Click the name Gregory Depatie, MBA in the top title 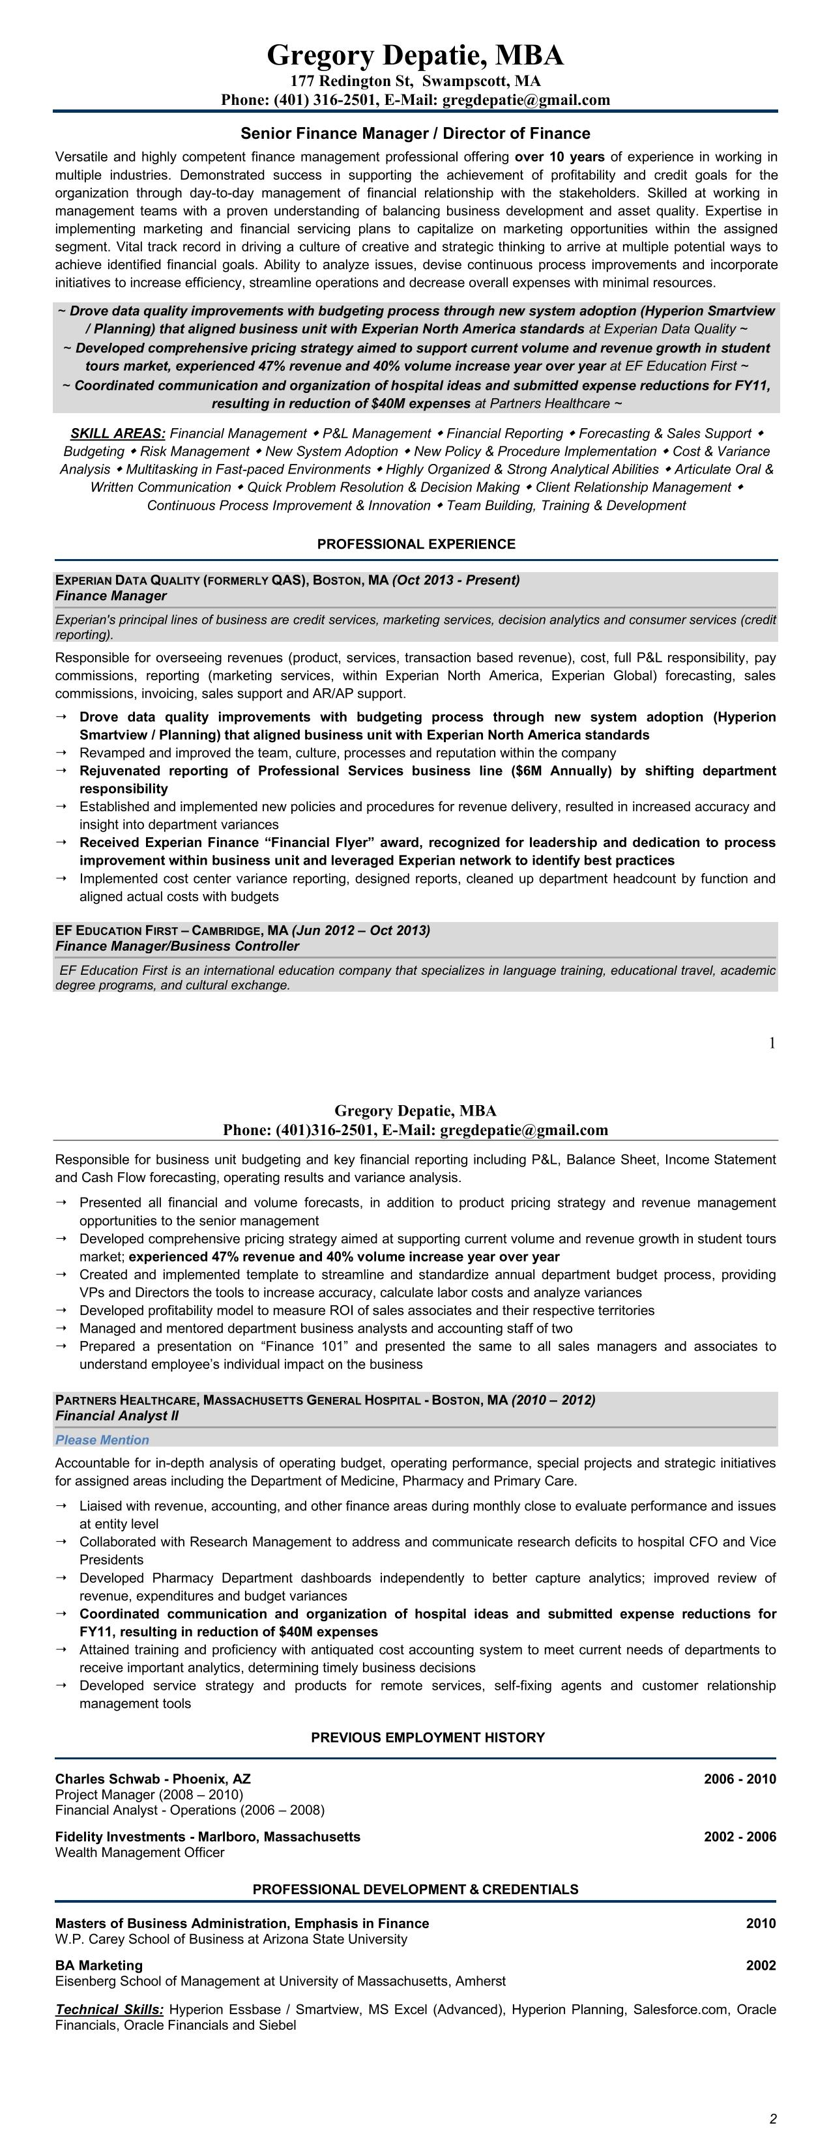pos(415,56)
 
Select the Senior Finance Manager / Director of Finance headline pos(415,134)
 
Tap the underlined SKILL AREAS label pos(117,434)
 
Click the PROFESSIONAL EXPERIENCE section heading pos(416,544)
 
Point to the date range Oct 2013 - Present pos(456,580)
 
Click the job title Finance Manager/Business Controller pos(177,946)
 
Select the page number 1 pos(772,1043)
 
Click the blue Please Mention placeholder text pos(102,1440)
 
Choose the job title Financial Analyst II pos(117,1416)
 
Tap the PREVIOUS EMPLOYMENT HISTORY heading pos(427,1738)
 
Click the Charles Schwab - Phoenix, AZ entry pos(153,1779)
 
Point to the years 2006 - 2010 pos(739,1779)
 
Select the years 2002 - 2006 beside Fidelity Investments pos(739,1836)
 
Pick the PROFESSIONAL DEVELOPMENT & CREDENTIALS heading pos(415,1889)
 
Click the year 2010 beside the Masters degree pos(760,1923)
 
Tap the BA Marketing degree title pos(98,1965)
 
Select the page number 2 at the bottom pos(772,2119)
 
